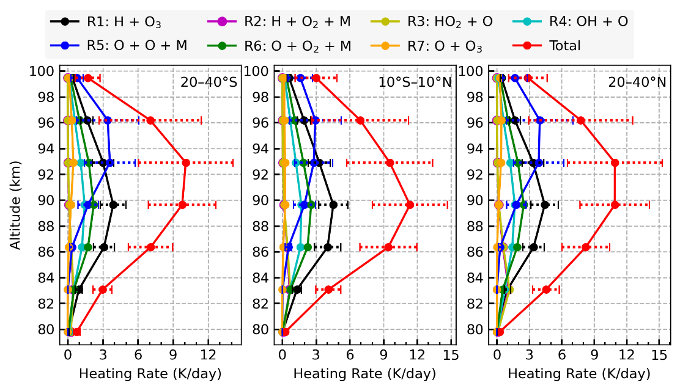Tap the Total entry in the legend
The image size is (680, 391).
563,45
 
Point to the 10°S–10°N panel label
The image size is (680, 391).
413,82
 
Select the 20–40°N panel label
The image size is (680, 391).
636,82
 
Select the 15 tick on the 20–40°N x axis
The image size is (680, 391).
659,354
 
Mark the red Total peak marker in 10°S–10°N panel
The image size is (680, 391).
410,205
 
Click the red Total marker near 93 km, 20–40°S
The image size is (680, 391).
186,163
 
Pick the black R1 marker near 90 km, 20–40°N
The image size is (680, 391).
545,205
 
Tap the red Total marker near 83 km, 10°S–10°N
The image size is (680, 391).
328,289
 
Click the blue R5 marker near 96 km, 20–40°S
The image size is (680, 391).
108,120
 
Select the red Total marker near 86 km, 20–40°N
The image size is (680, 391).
586,247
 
